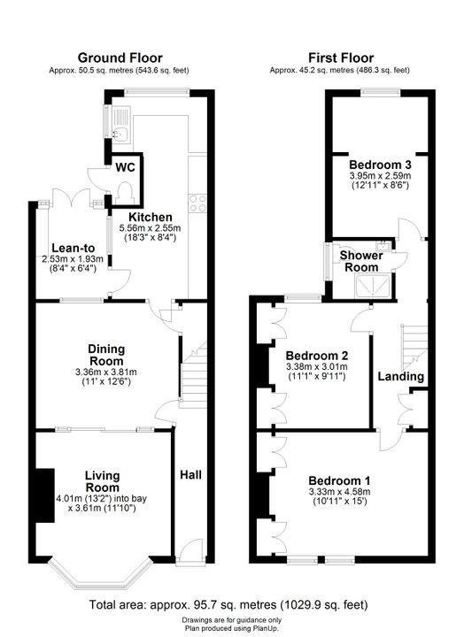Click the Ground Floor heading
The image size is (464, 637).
(120, 58)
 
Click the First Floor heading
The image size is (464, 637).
(341, 58)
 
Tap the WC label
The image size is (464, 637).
(125, 167)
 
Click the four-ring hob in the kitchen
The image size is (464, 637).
(197, 203)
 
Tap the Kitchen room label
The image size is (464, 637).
(150, 217)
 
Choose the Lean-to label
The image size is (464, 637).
(73, 249)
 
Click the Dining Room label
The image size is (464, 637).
(106, 355)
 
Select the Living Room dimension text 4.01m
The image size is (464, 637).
(69, 498)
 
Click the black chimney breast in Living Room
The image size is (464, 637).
(45, 495)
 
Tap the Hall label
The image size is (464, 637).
(190, 474)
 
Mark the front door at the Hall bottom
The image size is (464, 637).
(190, 551)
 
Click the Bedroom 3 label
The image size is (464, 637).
(380, 165)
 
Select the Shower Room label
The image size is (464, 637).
(361, 261)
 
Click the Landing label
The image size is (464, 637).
(400, 376)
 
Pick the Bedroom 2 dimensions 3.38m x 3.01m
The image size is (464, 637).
(317, 367)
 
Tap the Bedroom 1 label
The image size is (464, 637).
(339, 481)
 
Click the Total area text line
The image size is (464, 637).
(228, 605)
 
